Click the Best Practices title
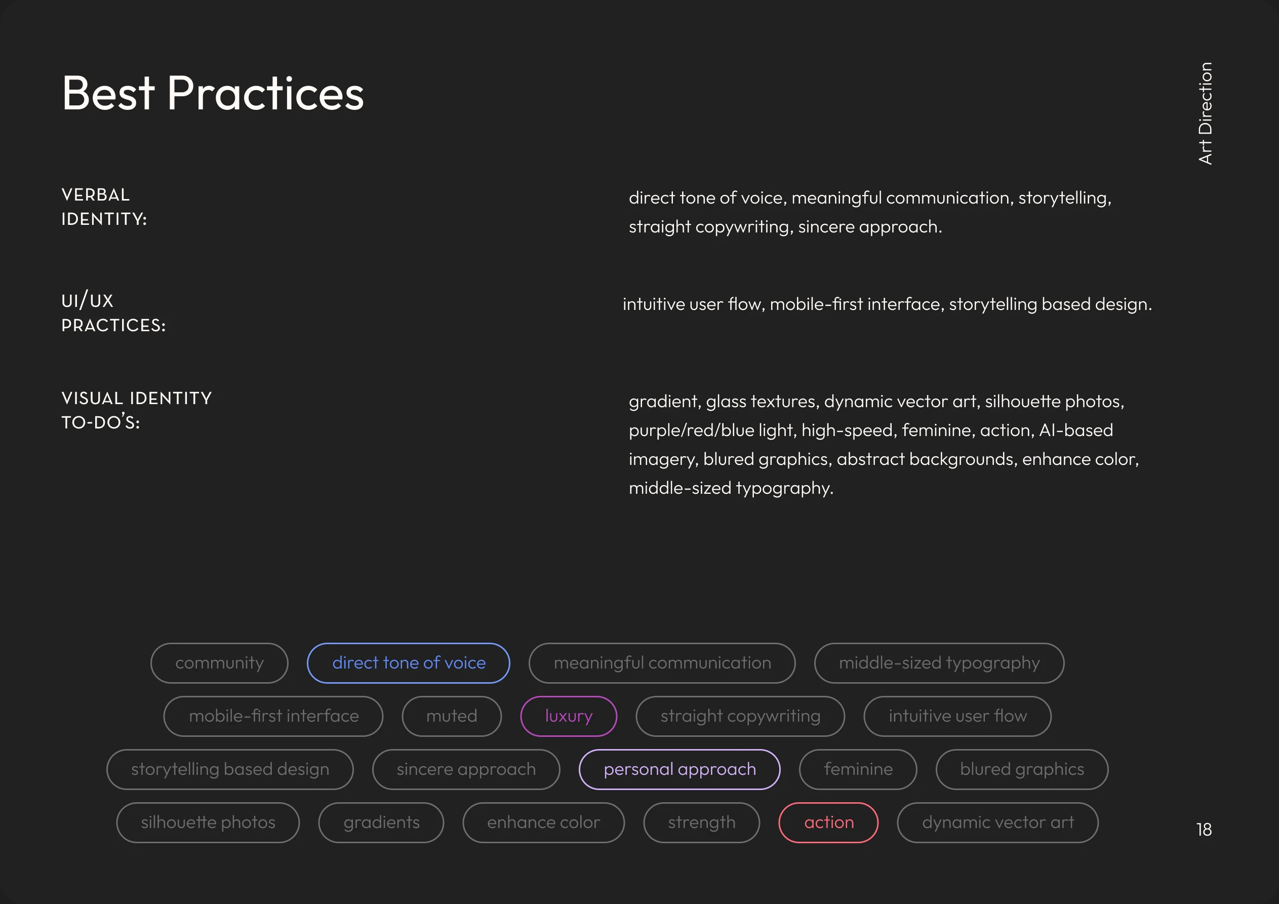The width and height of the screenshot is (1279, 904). (212, 94)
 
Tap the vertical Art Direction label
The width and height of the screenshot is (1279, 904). (1205, 113)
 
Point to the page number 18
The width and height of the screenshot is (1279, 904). (1204, 830)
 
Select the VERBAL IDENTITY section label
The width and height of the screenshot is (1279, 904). (104, 207)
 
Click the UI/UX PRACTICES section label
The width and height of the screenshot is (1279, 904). (113, 312)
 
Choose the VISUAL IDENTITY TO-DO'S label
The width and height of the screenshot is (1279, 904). (137, 410)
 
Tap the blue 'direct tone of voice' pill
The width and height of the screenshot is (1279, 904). (408, 662)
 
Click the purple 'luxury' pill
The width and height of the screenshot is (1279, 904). (568, 716)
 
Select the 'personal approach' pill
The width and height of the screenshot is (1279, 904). (680, 769)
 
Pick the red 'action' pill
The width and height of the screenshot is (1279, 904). (828, 822)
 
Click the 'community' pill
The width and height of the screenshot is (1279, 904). (219, 662)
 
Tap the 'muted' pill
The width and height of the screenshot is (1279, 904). (451, 716)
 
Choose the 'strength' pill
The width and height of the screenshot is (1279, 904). (701, 822)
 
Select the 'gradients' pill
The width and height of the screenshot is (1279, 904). (381, 822)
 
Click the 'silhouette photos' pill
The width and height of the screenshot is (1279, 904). (208, 822)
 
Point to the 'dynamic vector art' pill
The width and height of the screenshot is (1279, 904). (997, 822)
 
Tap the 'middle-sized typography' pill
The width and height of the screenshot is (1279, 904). (939, 662)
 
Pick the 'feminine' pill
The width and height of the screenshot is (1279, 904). (858, 769)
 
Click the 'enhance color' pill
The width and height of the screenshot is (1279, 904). (543, 822)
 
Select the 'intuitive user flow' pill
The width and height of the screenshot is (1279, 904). (957, 716)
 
